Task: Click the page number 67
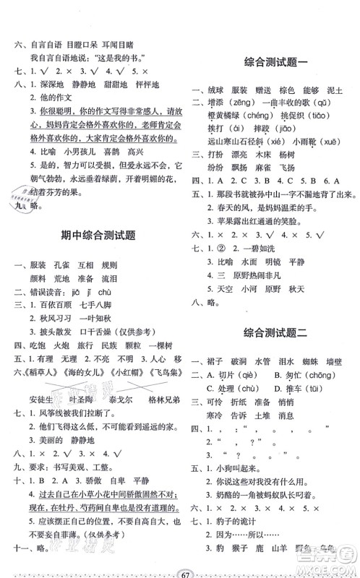tap(180, 565)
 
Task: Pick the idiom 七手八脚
tap(95, 303)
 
